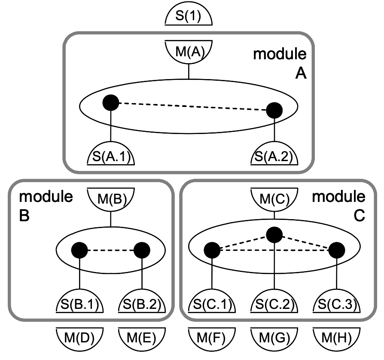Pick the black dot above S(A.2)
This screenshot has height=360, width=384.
point(274,110)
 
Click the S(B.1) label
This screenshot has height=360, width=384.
point(79,305)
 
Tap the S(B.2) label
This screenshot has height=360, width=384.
point(141,305)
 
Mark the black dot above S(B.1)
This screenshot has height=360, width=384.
point(79,249)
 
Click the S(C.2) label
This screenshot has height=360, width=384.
point(274,305)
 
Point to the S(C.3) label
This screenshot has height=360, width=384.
point(336,305)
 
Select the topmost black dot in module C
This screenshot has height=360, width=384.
point(274,235)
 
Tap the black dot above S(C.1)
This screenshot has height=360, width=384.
point(212,249)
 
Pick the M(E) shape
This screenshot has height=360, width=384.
point(141,336)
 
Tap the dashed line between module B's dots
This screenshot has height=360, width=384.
point(110,249)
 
